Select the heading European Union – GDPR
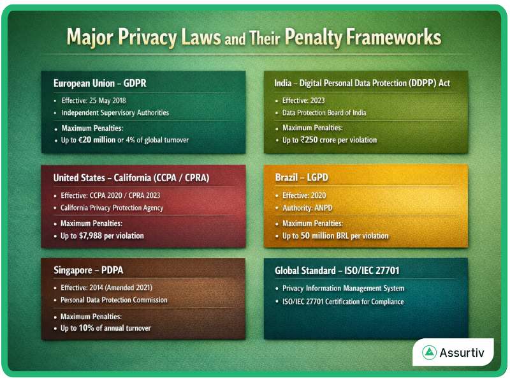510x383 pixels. (x=100, y=84)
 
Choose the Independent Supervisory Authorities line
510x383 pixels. (x=115, y=112)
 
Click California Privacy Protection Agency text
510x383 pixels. (x=112, y=207)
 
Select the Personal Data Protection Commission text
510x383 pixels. (x=114, y=299)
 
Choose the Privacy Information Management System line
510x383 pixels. (x=343, y=288)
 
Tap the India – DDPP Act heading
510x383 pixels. (x=361, y=84)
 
